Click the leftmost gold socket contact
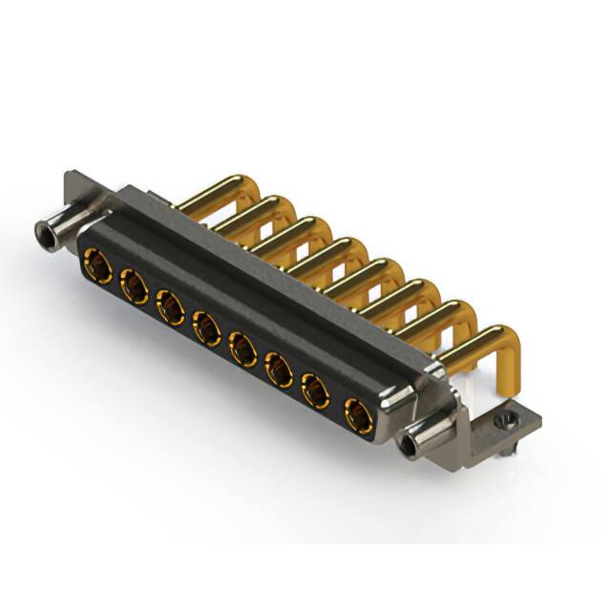96,263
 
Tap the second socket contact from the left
133,284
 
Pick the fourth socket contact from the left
205,328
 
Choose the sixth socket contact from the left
279,370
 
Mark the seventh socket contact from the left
316,392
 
